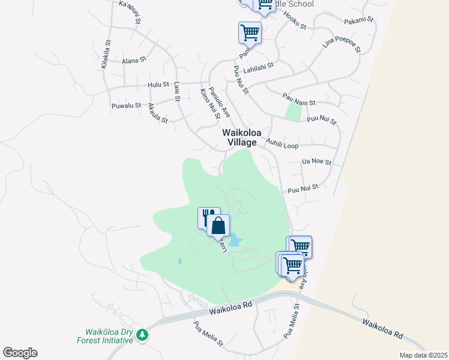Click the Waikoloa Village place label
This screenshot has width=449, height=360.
[239, 137]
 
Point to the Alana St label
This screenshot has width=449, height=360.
[134, 61]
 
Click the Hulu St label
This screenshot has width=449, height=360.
[158, 85]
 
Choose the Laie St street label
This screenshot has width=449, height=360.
[177, 91]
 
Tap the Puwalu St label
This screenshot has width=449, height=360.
[126, 106]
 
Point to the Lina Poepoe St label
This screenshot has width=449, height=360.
[341, 45]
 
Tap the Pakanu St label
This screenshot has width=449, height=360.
[359, 21]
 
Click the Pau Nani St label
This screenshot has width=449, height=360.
[298, 99]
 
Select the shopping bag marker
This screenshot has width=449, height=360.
[218, 226]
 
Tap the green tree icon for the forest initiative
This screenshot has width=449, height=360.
[142, 335]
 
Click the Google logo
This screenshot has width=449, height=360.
[20, 353]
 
